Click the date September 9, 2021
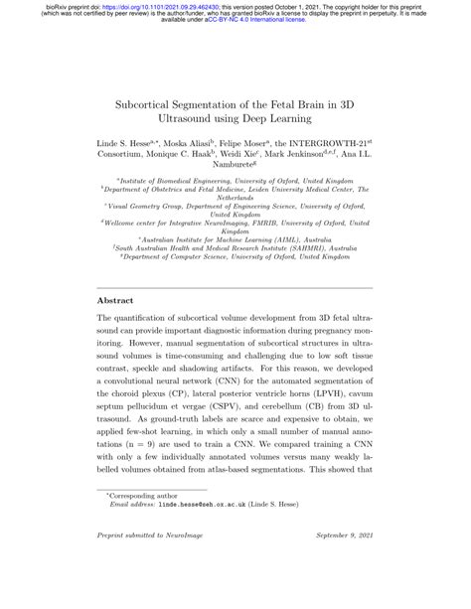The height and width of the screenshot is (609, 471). [x=343, y=594]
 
